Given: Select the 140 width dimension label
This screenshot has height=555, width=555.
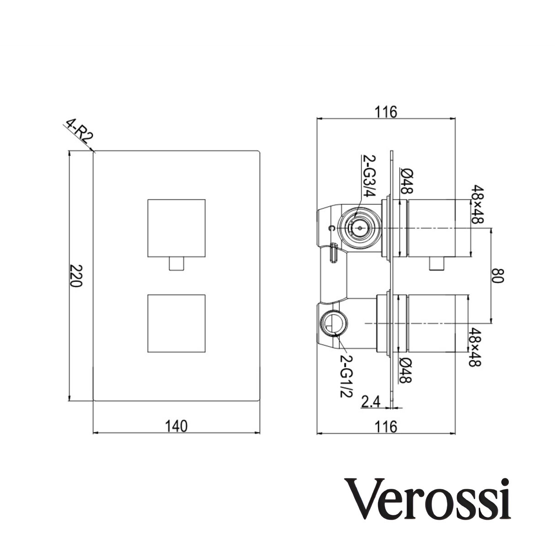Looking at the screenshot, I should [x=176, y=426].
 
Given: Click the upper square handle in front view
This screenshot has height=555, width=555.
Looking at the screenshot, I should [x=176, y=228].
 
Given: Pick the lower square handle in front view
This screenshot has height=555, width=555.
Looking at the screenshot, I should [x=176, y=323].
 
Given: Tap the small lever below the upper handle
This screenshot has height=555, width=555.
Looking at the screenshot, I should [x=176, y=264].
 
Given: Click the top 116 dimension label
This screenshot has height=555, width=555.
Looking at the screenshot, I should [x=386, y=112].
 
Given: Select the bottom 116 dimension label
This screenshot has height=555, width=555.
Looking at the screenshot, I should [x=386, y=426].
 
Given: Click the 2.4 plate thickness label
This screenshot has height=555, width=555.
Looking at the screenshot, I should [x=371, y=402].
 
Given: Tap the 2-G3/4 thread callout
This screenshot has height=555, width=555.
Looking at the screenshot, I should [x=368, y=176].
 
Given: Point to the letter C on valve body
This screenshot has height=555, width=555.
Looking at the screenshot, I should [x=332, y=228].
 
